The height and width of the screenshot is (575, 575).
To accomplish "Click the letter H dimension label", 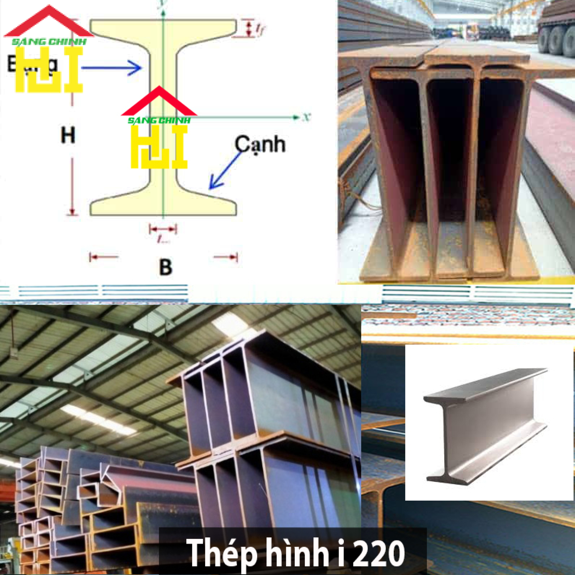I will tap(68, 135).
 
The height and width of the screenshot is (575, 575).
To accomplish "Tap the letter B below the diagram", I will tap(166, 267).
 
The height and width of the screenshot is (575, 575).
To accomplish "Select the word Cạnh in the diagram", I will tap(260, 145).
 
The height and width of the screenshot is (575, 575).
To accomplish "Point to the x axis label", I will tap(306, 117).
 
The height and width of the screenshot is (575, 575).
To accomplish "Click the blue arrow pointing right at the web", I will tap(111, 68).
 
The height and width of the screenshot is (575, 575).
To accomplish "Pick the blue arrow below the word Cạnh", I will tap(224, 171).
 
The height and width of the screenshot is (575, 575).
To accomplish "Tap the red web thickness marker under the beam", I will tap(163, 230).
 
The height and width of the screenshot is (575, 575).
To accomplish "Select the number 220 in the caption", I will tap(378, 553).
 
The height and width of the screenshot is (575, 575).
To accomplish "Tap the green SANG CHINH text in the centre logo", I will tap(159, 120).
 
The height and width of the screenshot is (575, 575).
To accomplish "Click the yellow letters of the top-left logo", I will tap(49, 73).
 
